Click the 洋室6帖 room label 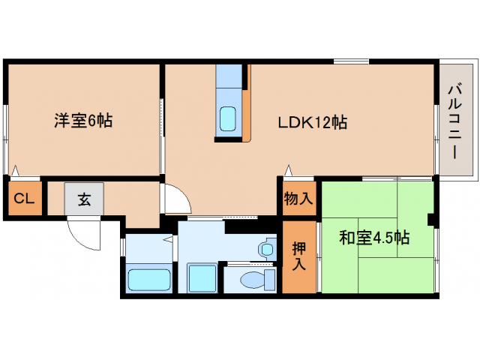point(83,120)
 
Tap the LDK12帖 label point(312,122)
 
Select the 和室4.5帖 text point(374,238)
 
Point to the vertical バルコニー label point(454,120)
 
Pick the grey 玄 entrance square point(83,199)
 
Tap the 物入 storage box point(298,199)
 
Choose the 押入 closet point(298,256)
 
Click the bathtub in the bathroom point(149,280)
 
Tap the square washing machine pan point(201,278)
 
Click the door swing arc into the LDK point(177,196)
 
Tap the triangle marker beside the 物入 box point(286,169)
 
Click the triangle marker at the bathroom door point(169,239)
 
